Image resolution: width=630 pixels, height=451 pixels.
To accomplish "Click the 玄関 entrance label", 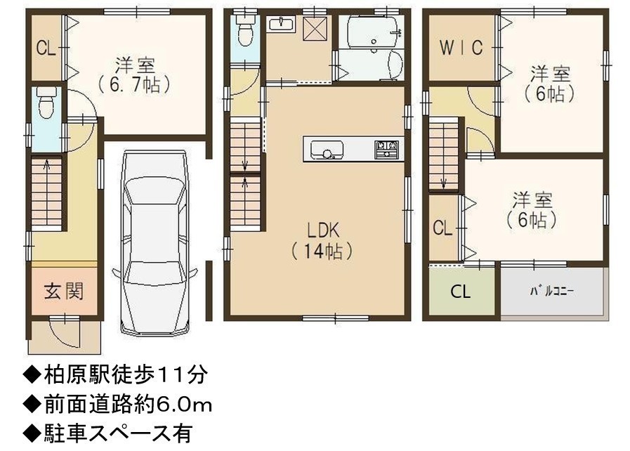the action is [64, 291].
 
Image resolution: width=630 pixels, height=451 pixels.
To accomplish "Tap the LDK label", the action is [323, 230].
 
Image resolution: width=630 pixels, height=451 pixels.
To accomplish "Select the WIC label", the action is [461, 48].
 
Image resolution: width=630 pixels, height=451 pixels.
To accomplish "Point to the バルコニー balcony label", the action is [552, 291].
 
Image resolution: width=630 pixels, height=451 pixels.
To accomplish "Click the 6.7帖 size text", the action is [135, 85].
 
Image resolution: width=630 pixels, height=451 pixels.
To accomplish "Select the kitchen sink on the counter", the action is [327, 150].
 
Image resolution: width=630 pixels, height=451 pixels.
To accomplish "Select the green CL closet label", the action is [461, 292].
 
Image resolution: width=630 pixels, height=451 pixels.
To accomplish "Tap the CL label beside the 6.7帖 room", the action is [46, 48].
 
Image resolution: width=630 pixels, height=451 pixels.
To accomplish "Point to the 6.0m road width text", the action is [185, 405].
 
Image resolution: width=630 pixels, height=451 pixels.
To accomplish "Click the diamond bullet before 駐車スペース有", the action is [32, 433].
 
